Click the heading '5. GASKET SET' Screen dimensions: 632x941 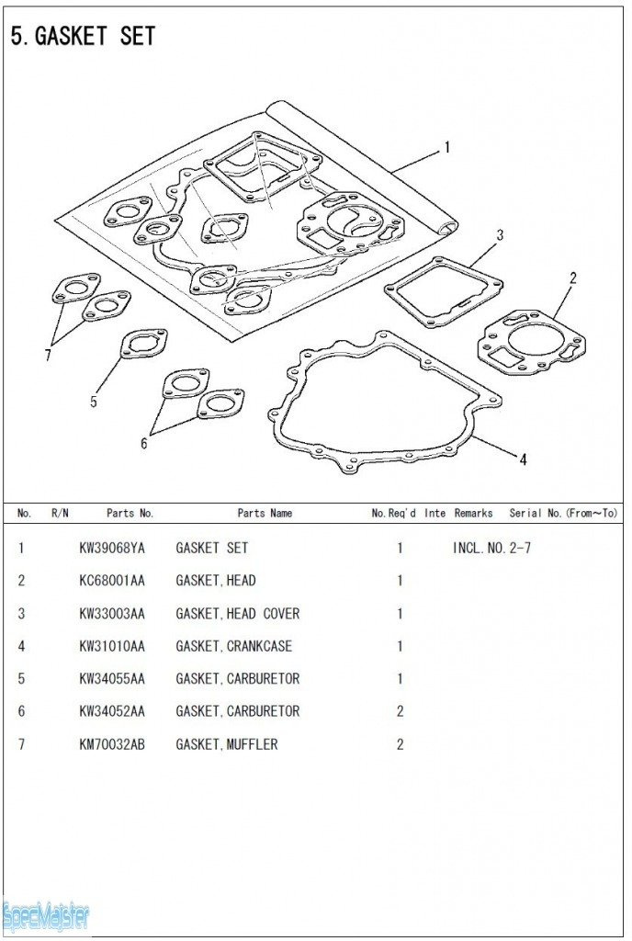(83, 37)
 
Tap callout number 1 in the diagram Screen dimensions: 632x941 (446, 147)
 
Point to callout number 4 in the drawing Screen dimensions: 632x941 (523, 459)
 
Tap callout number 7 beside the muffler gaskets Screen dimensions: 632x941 (48, 356)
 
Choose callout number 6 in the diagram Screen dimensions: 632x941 (143, 444)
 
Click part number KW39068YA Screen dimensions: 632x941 (112, 548)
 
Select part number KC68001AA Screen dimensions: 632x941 (112, 581)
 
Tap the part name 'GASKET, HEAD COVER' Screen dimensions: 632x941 (237, 613)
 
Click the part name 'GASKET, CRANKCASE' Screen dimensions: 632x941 (234, 646)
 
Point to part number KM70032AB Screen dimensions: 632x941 (112, 744)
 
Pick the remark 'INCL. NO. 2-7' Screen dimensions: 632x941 (491, 548)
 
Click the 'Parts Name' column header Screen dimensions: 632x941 (265, 513)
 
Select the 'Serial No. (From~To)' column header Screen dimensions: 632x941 (563, 513)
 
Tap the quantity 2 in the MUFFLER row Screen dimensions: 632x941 (400, 744)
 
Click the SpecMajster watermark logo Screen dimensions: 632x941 (46, 917)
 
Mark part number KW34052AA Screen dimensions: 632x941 (112, 711)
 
